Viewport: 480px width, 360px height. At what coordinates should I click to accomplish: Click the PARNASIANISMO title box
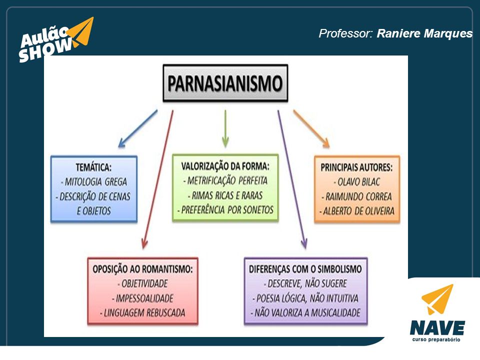pyautogui.click(x=225, y=83)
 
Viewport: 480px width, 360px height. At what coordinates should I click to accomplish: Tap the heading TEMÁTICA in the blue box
pyautogui.click(x=93, y=167)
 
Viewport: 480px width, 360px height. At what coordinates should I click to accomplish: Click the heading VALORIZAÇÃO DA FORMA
pyautogui.click(x=225, y=166)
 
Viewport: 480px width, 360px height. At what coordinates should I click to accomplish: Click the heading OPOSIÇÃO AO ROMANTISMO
pyautogui.click(x=142, y=269)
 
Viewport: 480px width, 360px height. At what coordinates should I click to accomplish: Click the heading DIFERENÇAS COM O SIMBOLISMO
pyautogui.click(x=305, y=269)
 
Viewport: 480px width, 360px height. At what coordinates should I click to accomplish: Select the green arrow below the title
pyautogui.click(x=225, y=128)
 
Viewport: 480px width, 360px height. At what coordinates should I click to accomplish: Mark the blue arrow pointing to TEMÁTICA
pyautogui.click(x=138, y=128)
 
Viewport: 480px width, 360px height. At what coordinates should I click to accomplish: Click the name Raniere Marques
pyautogui.click(x=424, y=33)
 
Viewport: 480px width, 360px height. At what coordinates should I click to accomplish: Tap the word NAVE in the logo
pyautogui.click(x=437, y=328)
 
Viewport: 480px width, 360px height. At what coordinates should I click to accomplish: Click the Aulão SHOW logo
pyautogui.click(x=56, y=40)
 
